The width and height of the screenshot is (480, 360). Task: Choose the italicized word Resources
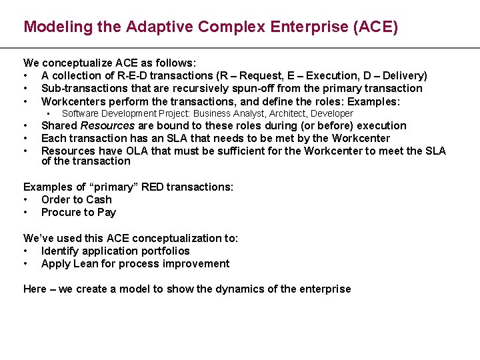click(x=107, y=125)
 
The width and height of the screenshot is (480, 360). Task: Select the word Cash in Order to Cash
click(x=99, y=199)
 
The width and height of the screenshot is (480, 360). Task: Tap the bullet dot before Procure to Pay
click(x=25, y=212)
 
